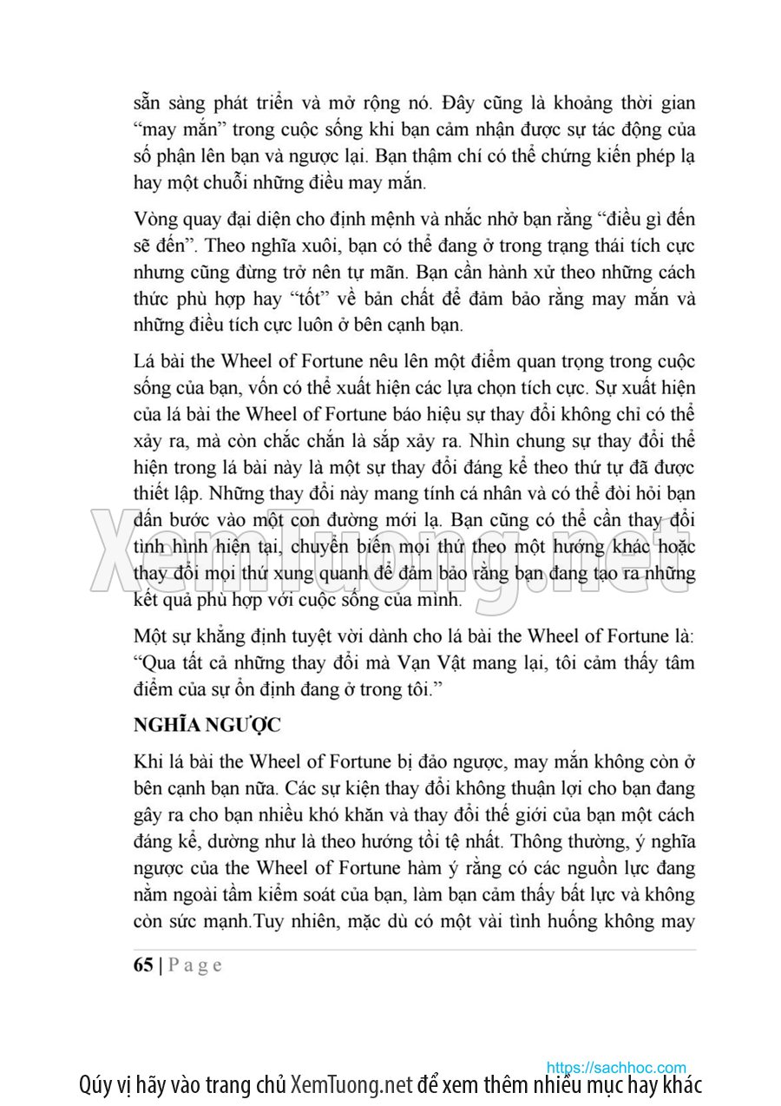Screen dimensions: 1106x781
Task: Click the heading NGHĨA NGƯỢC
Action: [x=202, y=724]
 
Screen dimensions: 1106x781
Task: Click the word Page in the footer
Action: [x=194, y=964]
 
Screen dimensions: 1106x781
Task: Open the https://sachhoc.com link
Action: [x=616, y=1067]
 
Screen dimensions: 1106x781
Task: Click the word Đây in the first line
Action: [x=459, y=102]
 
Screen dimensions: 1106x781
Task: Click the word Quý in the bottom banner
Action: [x=94, y=1085]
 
